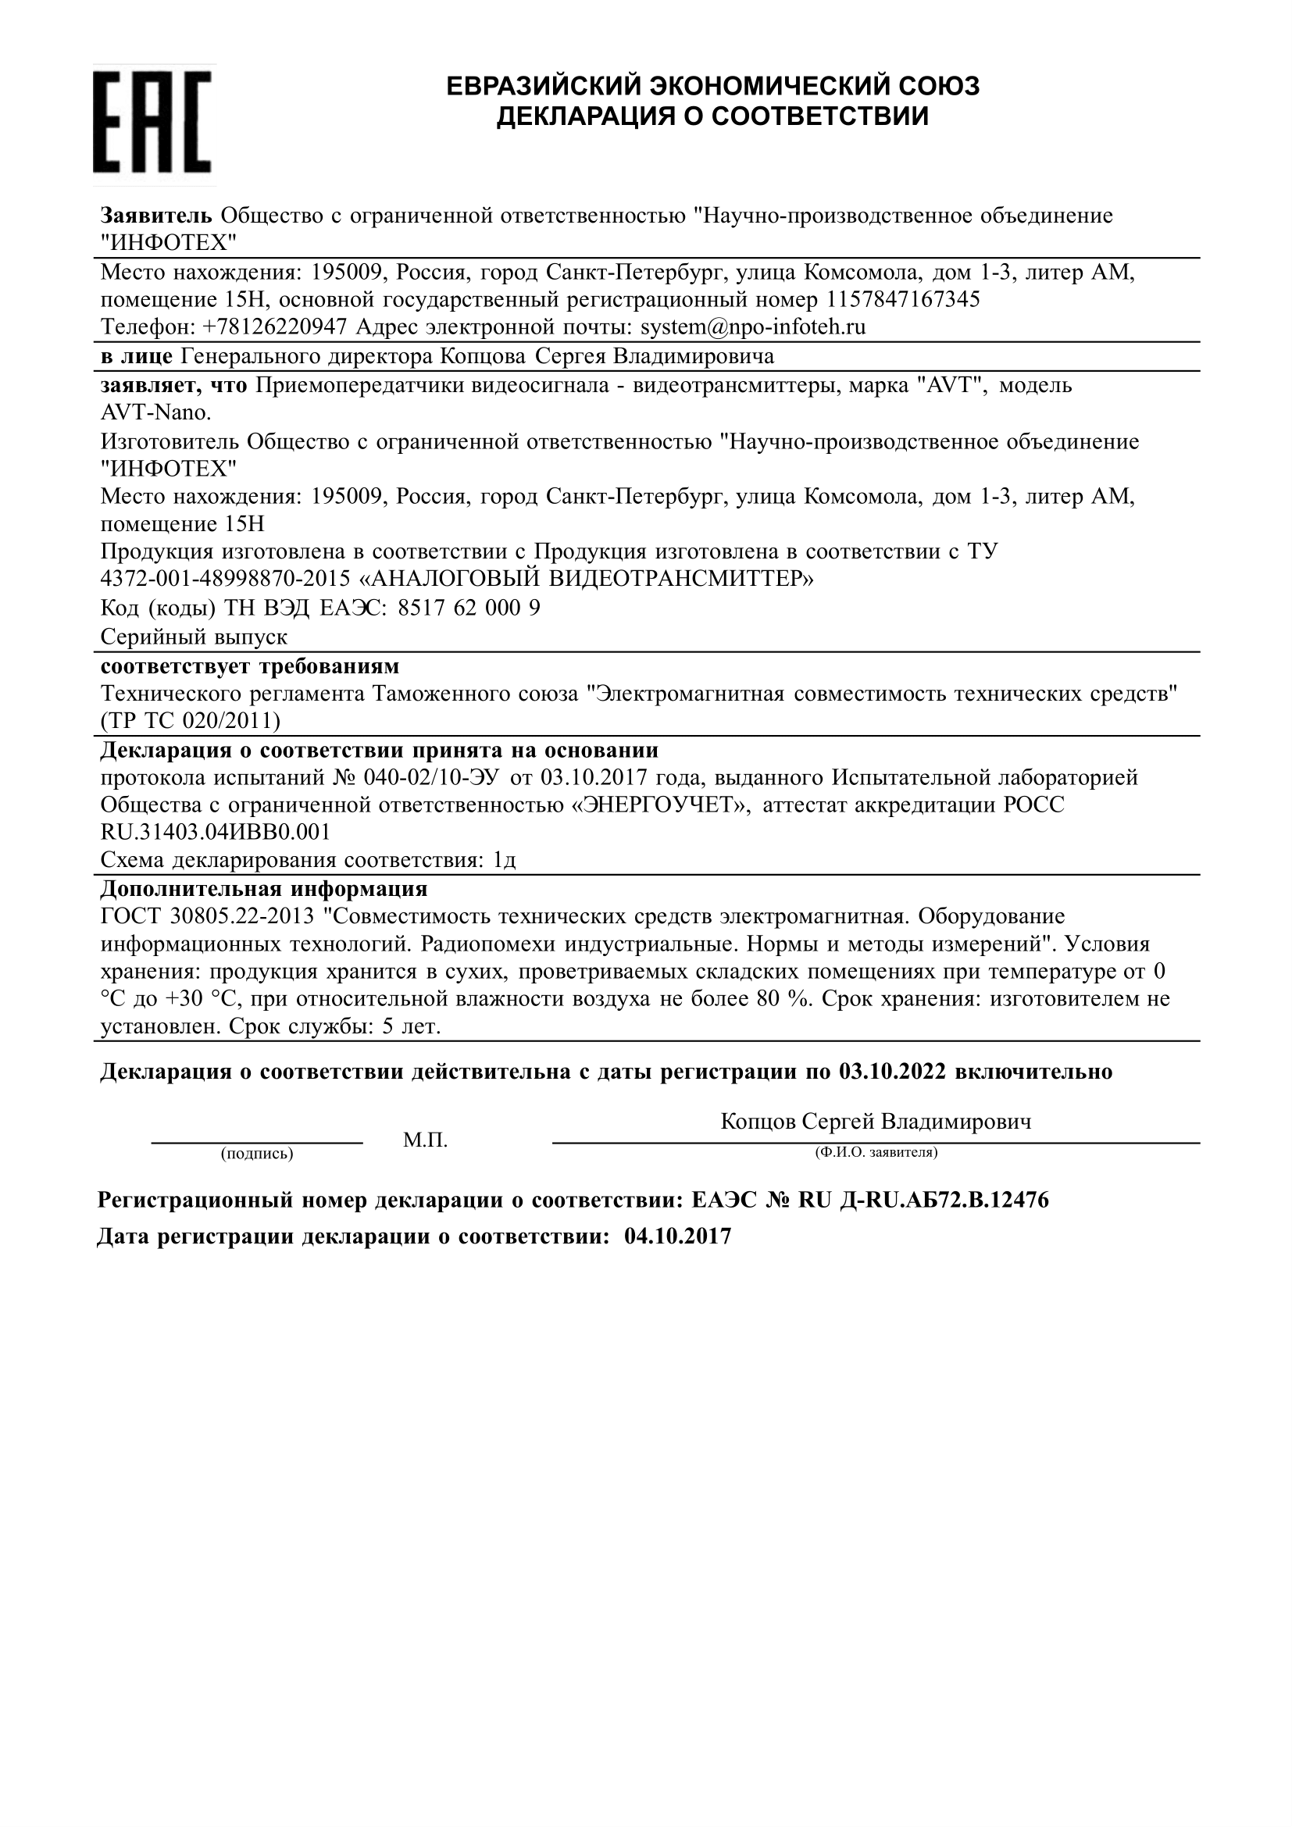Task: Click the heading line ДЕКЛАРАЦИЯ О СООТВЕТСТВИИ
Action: [x=712, y=117]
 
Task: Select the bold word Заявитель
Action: [x=156, y=216]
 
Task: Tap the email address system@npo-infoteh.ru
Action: [x=752, y=327]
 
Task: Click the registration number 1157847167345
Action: [x=904, y=300]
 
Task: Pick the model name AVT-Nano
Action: [x=156, y=413]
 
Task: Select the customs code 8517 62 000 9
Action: [x=469, y=608]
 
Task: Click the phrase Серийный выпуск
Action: [x=195, y=637]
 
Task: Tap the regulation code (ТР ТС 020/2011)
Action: [x=191, y=721]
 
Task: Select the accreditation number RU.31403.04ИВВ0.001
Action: [x=215, y=833]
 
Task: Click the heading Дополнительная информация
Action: [x=264, y=889]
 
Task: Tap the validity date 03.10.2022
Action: [x=892, y=1072]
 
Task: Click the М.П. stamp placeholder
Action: [x=425, y=1140]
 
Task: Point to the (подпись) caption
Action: [x=257, y=1154]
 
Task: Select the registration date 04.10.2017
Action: [x=677, y=1236]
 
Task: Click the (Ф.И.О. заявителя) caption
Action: [x=875, y=1152]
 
